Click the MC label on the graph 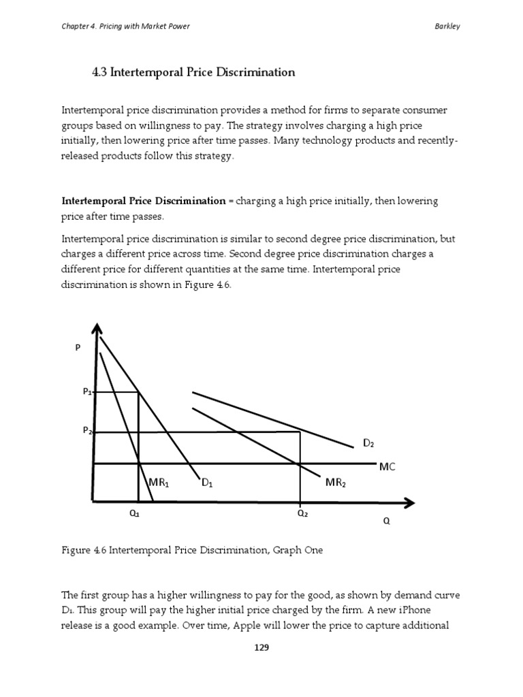tap(387, 467)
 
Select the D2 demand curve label tap(368, 444)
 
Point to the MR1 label tap(158, 483)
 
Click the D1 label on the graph tap(207, 483)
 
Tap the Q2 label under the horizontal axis tap(302, 515)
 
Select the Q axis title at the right tap(387, 523)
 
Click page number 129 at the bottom tap(261, 648)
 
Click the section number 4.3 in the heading tap(99, 72)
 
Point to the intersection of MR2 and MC tap(300, 464)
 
